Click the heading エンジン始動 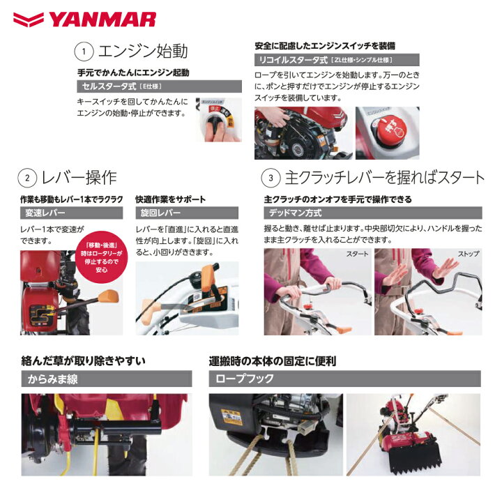[x=144, y=52]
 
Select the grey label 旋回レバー [x=161, y=213]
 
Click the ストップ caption [x=467, y=254]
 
